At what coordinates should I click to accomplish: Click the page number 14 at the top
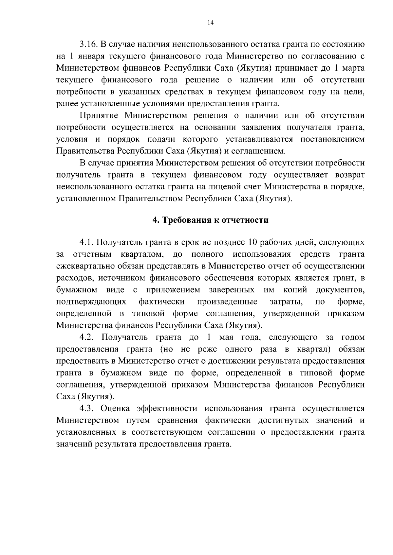[x=210, y=23]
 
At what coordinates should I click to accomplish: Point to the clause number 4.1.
[x=86, y=243]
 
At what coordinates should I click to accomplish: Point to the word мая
[x=226, y=337]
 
